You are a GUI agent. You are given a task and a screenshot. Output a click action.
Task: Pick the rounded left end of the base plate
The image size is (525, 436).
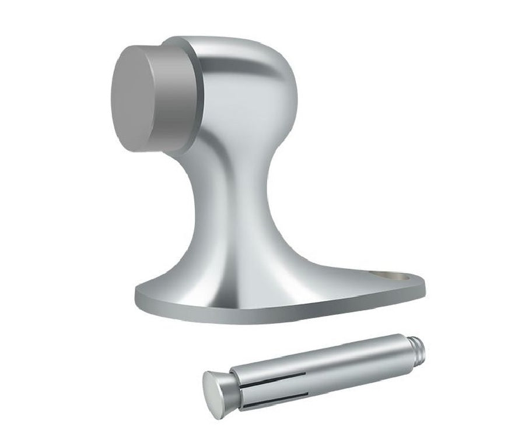pyautogui.click(x=143, y=294)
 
